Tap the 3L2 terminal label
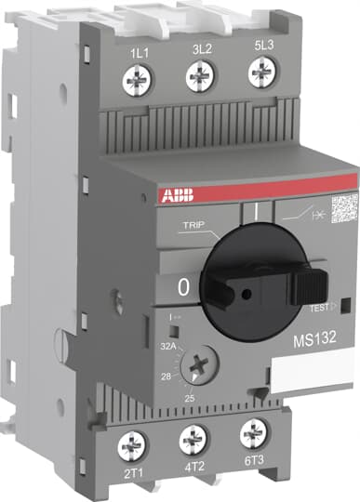click(198, 46)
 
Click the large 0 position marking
click(182, 288)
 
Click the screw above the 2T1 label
click(131, 448)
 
